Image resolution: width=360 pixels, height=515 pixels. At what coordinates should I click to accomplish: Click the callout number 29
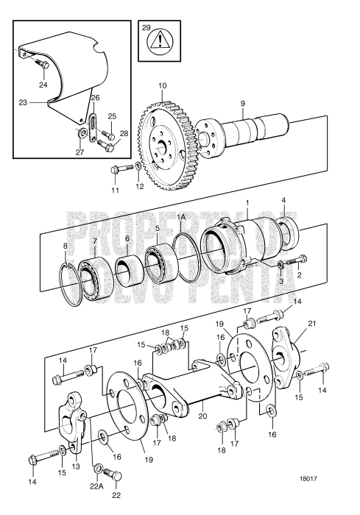[146, 29]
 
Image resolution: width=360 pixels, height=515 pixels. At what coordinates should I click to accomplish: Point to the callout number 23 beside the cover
[23, 103]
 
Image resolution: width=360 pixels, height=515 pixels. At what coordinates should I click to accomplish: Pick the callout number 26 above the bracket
[94, 97]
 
